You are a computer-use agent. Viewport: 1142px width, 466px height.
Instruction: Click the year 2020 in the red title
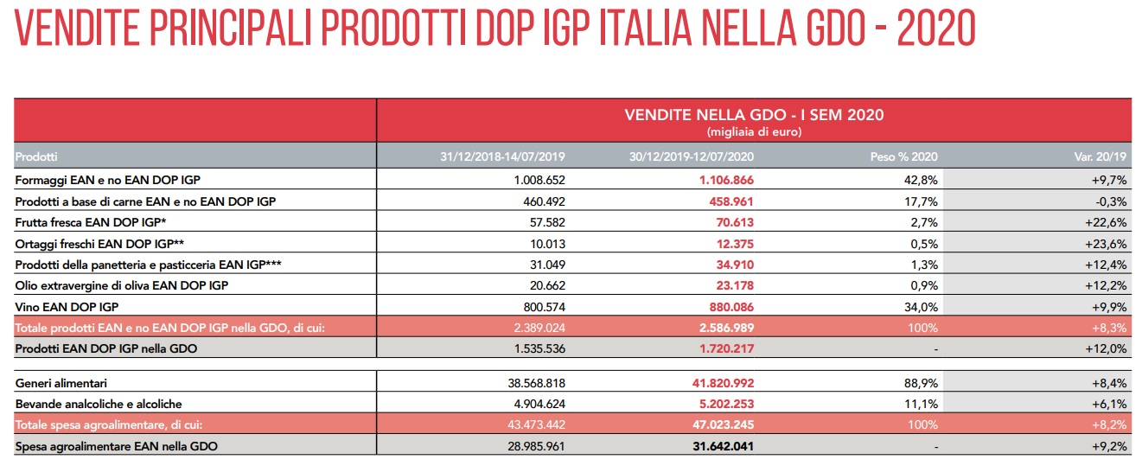click(936, 29)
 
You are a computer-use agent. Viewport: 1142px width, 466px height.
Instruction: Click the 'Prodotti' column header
click(36, 157)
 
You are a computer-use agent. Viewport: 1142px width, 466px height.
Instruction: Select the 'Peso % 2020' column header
click(904, 157)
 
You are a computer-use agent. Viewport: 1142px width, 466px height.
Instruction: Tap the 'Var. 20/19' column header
click(1101, 157)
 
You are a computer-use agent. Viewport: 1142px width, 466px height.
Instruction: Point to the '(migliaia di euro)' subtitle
click(754, 132)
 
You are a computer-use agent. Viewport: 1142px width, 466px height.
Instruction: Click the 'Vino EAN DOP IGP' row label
click(67, 307)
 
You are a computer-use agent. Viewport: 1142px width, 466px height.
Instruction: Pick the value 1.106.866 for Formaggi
click(726, 180)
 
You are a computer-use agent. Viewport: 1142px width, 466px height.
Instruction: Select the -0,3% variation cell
click(1111, 202)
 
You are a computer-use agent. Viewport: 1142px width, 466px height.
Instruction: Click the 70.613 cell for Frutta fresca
click(734, 223)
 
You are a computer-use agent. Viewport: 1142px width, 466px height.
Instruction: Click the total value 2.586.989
click(726, 328)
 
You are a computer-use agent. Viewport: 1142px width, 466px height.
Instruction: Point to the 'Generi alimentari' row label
click(61, 383)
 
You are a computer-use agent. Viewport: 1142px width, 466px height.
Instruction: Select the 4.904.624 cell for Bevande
click(539, 405)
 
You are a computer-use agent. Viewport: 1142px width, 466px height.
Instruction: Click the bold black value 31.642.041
click(723, 447)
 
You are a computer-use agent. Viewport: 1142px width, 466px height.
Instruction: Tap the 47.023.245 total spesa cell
click(723, 425)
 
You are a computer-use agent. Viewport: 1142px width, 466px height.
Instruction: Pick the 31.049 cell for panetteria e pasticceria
click(547, 265)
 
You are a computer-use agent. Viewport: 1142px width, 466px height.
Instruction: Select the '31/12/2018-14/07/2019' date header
click(502, 157)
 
